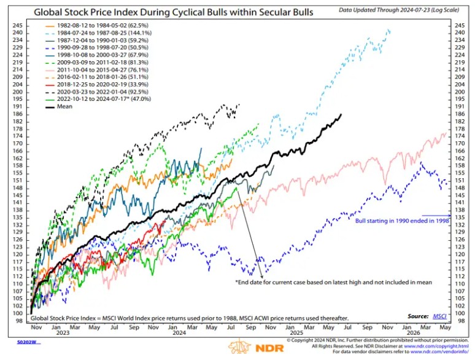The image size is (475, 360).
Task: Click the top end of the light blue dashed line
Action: click(390, 30)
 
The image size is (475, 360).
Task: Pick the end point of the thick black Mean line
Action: click(341, 114)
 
